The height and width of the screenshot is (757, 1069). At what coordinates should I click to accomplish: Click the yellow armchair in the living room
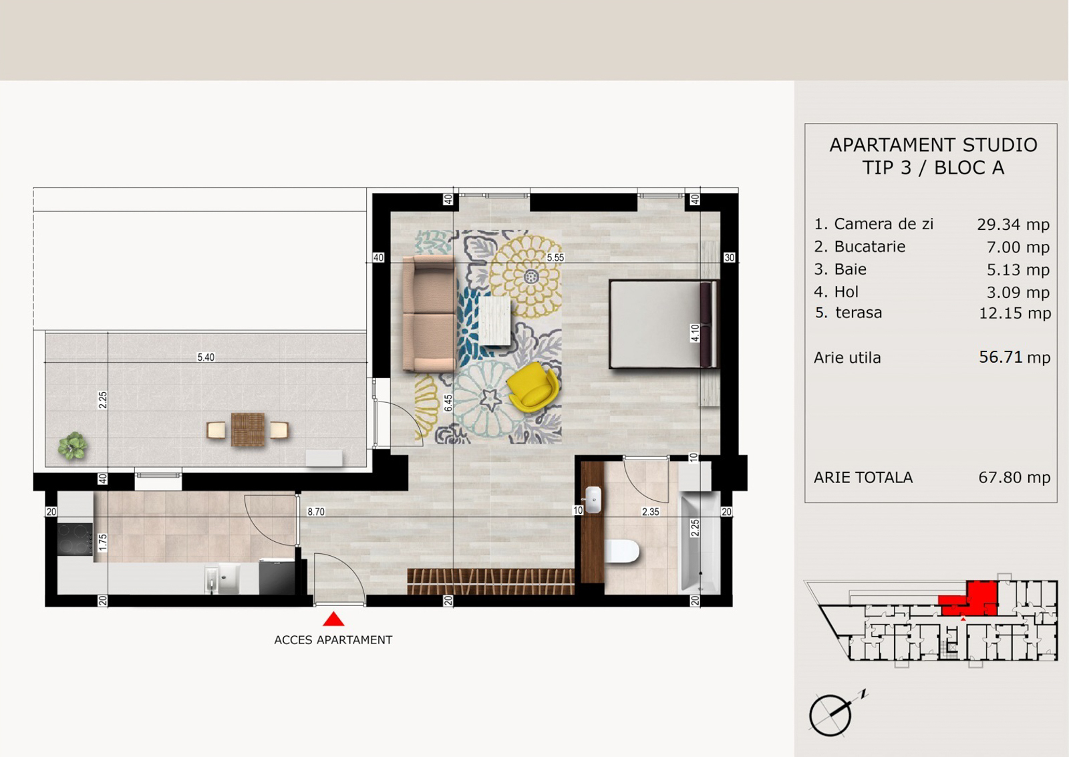532,387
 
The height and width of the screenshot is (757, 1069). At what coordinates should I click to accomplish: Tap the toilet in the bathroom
621,551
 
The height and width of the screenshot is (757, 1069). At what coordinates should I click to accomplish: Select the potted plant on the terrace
73,446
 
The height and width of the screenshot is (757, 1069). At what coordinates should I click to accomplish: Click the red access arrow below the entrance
333,619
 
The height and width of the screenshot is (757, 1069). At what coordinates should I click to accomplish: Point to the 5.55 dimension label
555,258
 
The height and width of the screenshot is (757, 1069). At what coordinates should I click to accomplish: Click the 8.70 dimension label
316,512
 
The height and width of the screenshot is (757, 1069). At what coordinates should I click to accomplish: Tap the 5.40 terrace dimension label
206,357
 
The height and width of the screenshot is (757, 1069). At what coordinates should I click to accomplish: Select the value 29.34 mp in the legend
1013,224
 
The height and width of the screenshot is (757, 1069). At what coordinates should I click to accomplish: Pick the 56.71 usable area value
1000,357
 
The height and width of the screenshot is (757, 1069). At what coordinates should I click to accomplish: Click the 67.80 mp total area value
1014,477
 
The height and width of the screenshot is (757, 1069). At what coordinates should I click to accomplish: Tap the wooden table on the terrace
248,430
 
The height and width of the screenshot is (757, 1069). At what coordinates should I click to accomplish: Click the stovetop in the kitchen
75,539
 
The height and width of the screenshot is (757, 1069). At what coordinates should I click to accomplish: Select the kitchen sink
223,579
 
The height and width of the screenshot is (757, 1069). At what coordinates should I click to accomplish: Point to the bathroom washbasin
593,500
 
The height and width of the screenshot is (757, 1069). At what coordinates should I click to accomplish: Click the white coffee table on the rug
495,321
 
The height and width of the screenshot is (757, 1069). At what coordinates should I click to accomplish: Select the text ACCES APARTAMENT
333,640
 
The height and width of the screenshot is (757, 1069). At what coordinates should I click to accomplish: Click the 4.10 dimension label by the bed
695,333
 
